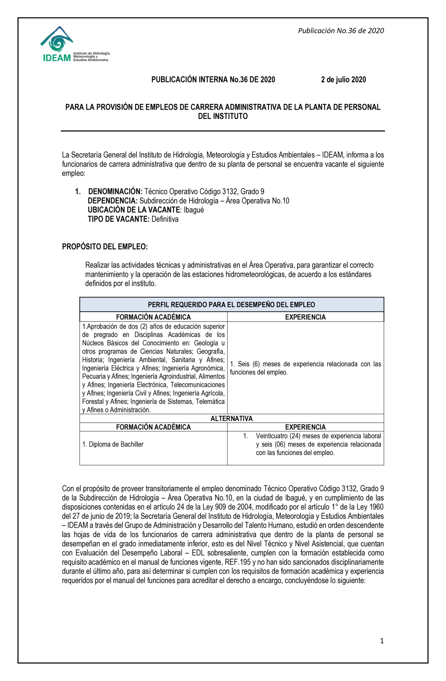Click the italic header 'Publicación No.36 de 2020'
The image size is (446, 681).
click(341, 31)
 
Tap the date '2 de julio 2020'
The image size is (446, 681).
click(343, 80)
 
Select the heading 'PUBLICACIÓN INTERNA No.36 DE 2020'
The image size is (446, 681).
click(213, 80)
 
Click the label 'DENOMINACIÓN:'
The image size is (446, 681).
click(115, 192)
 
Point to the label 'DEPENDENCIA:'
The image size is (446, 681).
click(112, 201)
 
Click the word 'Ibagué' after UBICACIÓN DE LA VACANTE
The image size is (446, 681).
click(194, 210)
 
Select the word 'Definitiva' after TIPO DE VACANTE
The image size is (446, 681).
click(165, 219)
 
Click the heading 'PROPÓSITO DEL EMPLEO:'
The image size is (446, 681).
click(105, 246)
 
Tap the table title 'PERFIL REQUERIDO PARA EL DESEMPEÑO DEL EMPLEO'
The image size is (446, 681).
click(231, 305)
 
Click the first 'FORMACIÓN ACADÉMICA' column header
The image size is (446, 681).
click(153, 317)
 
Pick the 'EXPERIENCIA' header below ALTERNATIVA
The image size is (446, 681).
click(306, 427)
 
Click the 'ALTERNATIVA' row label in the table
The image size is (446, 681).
click(231, 418)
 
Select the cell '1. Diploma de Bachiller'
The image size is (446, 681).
click(113, 444)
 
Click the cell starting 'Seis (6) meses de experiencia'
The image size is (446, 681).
click(306, 368)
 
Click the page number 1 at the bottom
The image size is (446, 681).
click(382, 641)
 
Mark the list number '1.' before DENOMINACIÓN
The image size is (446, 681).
click(78, 192)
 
